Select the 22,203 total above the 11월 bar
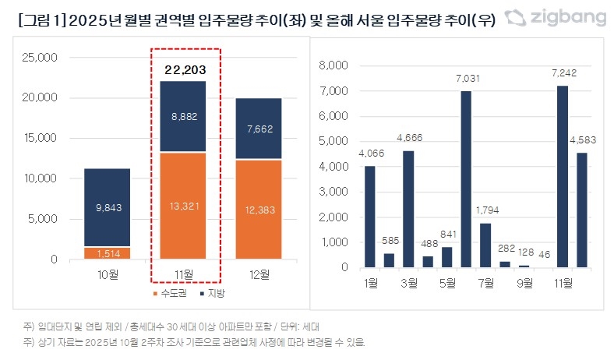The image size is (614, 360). click(x=185, y=70)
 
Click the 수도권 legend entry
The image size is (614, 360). click(x=167, y=293)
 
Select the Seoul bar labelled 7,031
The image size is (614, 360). click(x=465, y=179)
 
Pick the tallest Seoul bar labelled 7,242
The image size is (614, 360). click(x=562, y=176)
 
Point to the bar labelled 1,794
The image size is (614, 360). click(x=485, y=245)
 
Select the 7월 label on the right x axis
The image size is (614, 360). click(x=485, y=281)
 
